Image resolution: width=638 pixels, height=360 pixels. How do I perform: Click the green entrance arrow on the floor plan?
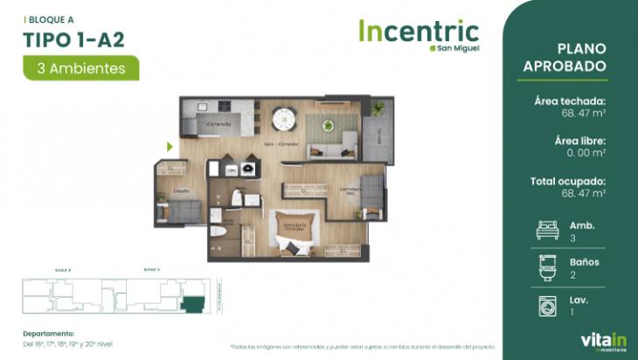click(170, 147)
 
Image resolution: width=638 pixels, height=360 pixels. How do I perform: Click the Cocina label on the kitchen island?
click(218, 125)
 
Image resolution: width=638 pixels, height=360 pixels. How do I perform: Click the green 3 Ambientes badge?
click(81, 67)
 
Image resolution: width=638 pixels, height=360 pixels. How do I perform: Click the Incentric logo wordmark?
click(418, 31)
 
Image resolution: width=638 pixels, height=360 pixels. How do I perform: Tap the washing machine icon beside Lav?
click(547, 305)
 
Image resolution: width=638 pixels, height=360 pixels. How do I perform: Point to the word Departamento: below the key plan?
click(49, 333)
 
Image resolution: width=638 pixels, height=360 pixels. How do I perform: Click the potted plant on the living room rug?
click(329, 125)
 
